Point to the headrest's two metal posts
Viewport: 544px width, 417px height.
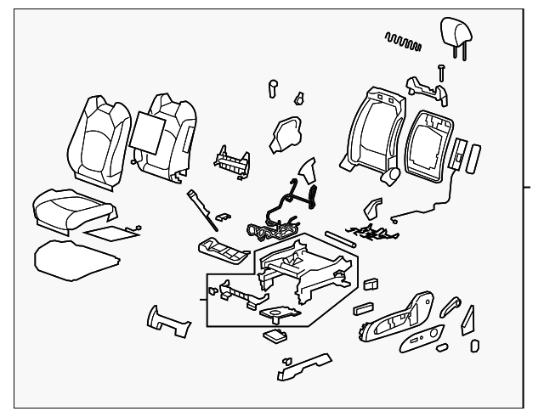coord(460,53)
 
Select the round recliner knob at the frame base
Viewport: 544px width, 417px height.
coord(391,175)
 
